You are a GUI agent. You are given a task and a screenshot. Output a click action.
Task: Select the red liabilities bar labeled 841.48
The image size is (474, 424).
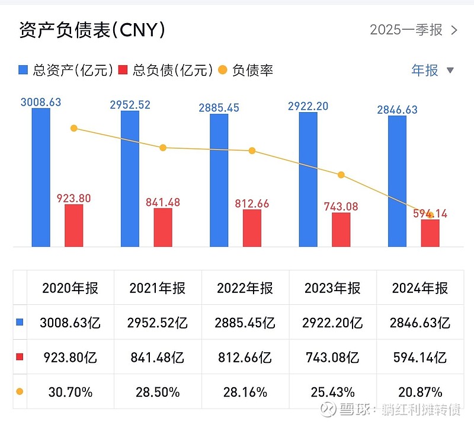163,227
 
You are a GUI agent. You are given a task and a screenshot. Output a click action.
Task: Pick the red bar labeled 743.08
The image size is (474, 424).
341,229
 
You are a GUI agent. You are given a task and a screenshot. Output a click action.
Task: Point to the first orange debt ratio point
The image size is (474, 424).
74,128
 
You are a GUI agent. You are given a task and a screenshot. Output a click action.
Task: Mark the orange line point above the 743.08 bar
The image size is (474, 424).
341,175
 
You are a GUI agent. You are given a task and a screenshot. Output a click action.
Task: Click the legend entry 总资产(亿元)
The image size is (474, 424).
65,71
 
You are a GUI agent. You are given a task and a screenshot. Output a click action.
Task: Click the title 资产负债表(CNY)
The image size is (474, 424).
92,30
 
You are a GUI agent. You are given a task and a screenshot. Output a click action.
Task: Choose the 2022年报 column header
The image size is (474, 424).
245,288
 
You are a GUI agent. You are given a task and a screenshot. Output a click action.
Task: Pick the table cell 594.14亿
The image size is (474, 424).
419,358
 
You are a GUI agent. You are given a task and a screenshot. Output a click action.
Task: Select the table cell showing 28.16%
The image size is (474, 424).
245,392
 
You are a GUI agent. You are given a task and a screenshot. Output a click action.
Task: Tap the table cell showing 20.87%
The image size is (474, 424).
419,392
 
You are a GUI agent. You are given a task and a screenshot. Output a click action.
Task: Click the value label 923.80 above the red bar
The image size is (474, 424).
73,199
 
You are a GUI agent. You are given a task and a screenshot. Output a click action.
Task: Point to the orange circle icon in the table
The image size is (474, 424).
20,392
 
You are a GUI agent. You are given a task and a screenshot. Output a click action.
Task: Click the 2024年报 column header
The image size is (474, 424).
419,288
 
